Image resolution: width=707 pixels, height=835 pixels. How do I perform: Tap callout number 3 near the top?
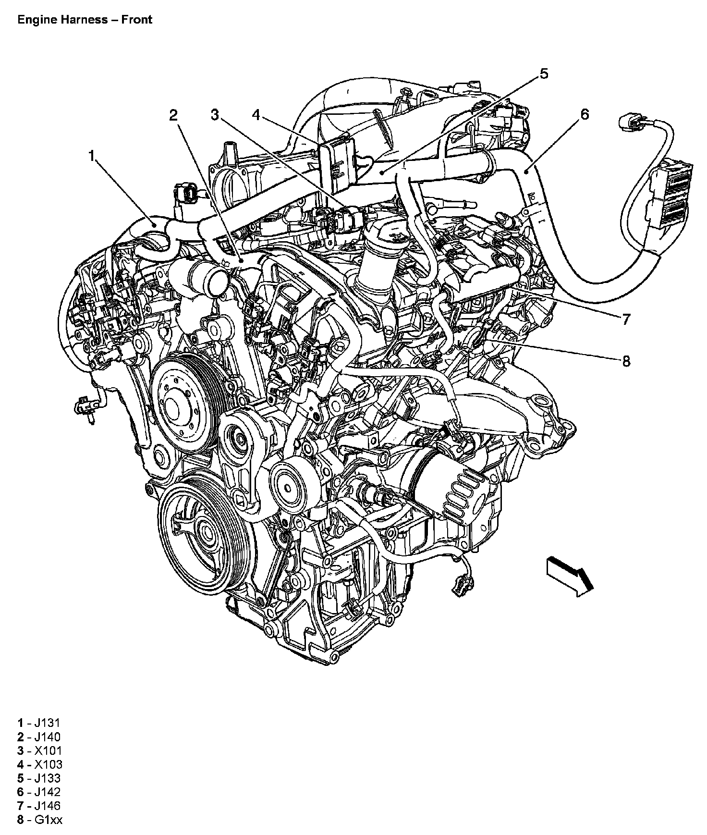tap(215, 114)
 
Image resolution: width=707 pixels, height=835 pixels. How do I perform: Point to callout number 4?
tap(256, 114)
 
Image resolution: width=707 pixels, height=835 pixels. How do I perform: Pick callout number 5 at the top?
tap(544, 74)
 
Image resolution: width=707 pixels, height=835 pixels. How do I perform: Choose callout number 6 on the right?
tap(585, 114)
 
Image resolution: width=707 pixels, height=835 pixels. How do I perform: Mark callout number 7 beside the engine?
tap(625, 319)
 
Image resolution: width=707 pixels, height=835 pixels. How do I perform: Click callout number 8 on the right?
tap(625, 361)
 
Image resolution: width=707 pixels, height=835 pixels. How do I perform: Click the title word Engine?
tap(35, 20)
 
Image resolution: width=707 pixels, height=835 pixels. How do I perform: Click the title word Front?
tap(137, 20)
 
